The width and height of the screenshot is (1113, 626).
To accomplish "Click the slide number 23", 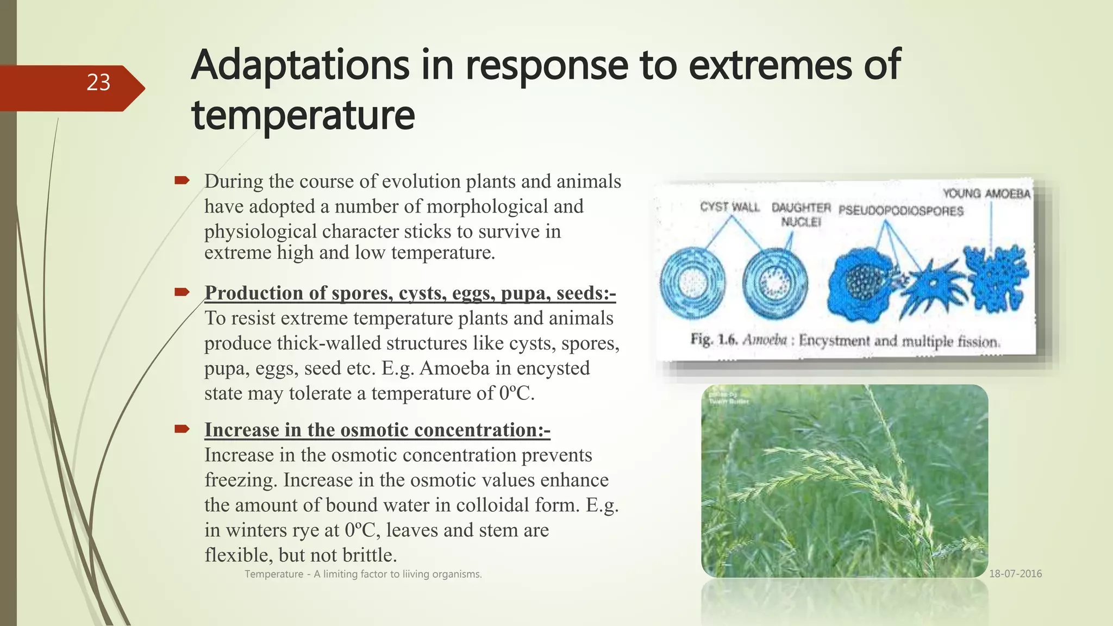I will [x=98, y=83].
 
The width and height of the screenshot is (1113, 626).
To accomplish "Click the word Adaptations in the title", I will [x=300, y=65].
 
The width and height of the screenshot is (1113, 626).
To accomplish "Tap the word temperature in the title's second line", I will [x=303, y=115].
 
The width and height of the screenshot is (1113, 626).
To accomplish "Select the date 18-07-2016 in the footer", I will [x=1015, y=574].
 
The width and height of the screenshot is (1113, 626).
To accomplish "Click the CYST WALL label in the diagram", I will [x=729, y=207].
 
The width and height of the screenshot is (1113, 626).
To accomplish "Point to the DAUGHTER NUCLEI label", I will [x=801, y=215].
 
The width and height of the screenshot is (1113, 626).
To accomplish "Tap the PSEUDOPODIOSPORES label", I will [x=901, y=211].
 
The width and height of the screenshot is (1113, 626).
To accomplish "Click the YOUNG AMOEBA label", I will [x=986, y=194].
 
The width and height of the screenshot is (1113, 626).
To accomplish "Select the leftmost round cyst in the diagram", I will [x=692, y=283].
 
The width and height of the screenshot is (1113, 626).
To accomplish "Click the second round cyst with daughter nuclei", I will [x=775, y=283].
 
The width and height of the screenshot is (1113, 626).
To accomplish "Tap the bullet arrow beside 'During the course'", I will [x=182, y=180].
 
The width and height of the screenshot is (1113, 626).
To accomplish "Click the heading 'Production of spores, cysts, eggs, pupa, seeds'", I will [x=410, y=293].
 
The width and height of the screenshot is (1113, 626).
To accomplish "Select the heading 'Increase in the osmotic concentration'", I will [x=377, y=430].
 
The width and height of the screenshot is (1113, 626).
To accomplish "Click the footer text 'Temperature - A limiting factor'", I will [x=363, y=574].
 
